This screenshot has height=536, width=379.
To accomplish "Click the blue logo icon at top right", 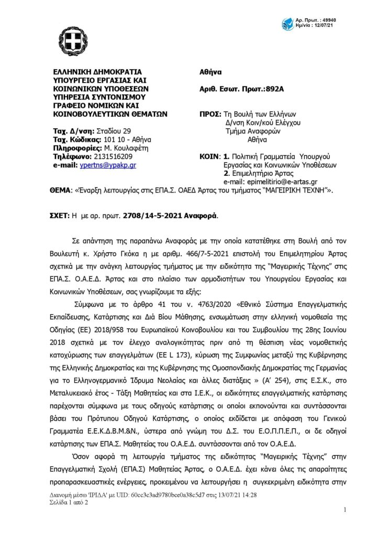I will tap(288, 24).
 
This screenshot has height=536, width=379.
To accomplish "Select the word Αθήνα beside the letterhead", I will tap(211, 72).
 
